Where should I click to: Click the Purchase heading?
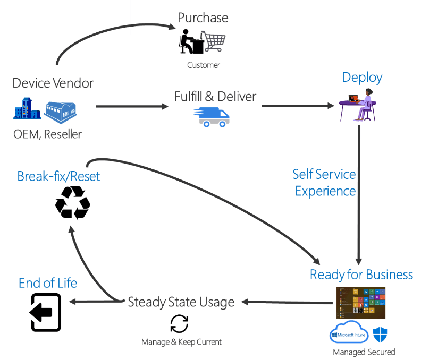[203, 18]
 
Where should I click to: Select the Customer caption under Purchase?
[203, 65]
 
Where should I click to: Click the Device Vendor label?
[53, 83]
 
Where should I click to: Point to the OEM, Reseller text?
[48, 134]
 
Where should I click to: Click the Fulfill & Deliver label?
[215, 97]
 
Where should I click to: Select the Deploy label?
[362, 78]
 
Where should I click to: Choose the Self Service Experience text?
[324, 182]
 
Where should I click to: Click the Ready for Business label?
[361, 275]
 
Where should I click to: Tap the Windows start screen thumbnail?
[360, 303]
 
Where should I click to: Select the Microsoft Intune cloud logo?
[349, 333]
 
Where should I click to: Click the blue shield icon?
[380, 335]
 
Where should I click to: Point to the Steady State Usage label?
[181, 302]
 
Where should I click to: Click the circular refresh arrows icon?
[179, 323]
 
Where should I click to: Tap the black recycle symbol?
[73, 202]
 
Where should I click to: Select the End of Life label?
[48, 283]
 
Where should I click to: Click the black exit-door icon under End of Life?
[46, 312]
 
